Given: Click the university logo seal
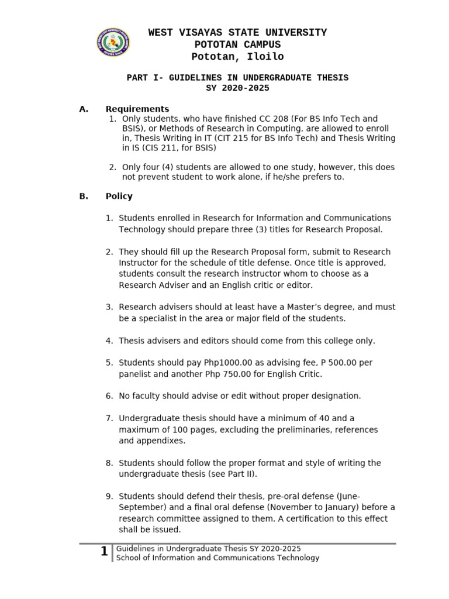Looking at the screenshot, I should pos(113,43).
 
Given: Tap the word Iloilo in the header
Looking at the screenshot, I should pos(263,57).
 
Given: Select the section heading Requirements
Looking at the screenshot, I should pos(137,109).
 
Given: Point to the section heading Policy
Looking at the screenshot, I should pos(119,196).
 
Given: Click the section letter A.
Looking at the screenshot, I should pos(83,109).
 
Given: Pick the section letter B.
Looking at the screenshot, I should pos(83,196).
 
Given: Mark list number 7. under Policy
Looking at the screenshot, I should pos(109,418).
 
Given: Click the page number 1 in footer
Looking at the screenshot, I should pos(104,551).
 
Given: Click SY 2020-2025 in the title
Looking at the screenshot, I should pos(238,88).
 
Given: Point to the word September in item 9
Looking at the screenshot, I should pos(141,507).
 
